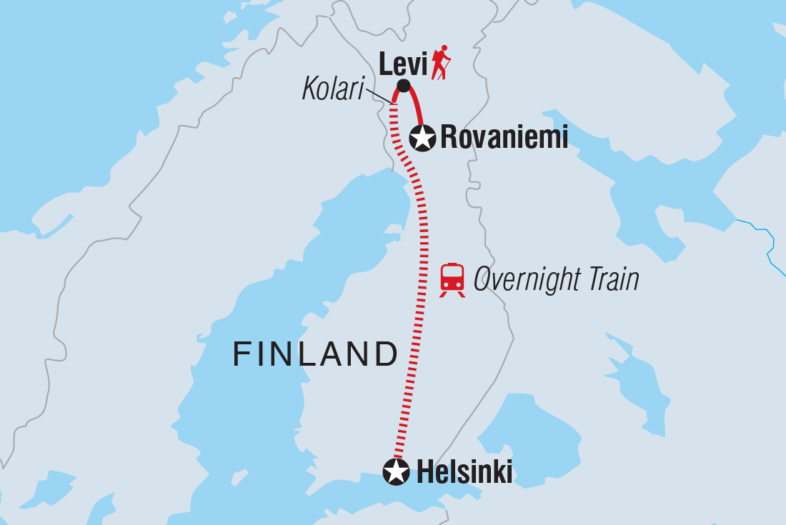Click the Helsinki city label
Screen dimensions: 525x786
(464, 472)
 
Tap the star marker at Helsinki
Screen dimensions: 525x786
(396, 471)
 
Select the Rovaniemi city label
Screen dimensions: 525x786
(504, 137)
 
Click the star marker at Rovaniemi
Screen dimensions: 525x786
(422, 137)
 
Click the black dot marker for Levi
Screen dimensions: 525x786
(403, 86)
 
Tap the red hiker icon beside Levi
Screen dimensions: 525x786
(442, 62)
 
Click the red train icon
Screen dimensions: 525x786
(452, 280)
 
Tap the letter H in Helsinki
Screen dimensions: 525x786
(424, 472)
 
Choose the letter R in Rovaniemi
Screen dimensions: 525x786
(449, 137)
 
